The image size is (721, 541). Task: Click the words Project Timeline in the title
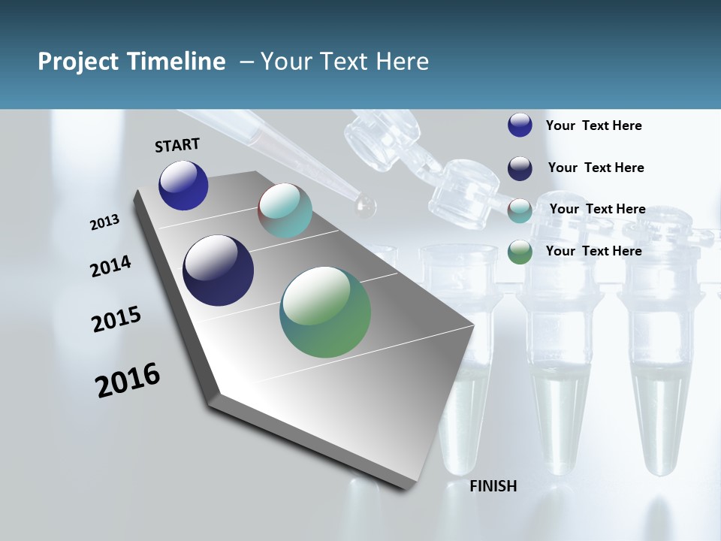click(x=131, y=62)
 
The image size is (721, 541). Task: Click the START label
click(x=177, y=145)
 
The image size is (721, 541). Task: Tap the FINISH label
click(x=493, y=486)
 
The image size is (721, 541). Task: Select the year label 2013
click(x=105, y=222)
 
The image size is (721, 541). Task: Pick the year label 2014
click(x=111, y=267)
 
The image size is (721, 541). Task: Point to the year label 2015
click(x=116, y=319)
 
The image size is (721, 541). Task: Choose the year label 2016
click(x=128, y=380)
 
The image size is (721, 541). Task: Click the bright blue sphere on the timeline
click(x=183, y=186)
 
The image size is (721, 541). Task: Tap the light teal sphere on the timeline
click(x=285, y=210)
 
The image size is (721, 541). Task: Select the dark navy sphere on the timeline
click(x=218, y=270)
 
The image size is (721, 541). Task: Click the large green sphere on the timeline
click(x=325, y=312)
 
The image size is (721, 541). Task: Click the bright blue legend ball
click(x=520, y=125)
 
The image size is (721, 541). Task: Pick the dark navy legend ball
click(x=520, y=168)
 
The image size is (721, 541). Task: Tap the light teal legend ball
click(x=520, y=210)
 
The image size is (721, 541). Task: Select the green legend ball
click(x=520, y=252)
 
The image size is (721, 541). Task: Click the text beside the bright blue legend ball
click(x=593, y=125)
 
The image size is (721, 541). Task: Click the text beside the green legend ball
click(x=593, y=251)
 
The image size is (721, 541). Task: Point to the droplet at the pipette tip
click(x=366, y=206)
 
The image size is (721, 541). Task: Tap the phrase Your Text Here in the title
click(x=344, y=62)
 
